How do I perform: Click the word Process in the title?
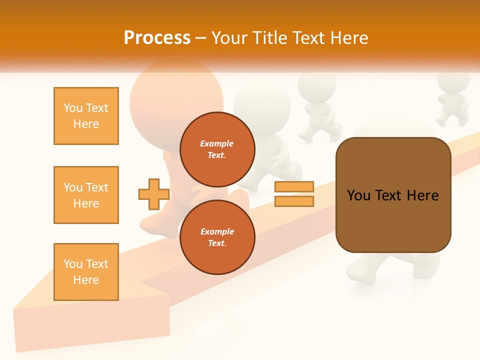point(157,37)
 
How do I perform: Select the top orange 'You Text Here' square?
point(86,116)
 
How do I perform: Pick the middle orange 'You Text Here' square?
point(86,195)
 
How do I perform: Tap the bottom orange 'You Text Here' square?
point(86,272)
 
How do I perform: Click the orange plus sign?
point(153,194)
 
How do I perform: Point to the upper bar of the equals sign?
point(294,186)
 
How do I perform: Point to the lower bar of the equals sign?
point(294,201)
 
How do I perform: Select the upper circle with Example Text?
point(217,149)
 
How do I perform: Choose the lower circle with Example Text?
point(217,237)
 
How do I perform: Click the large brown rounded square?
point(393,220)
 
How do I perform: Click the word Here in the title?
point(349,37)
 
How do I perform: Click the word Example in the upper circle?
point(217,143)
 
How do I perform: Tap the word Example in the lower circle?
point(217,231)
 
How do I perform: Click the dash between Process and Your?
point(201,38)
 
